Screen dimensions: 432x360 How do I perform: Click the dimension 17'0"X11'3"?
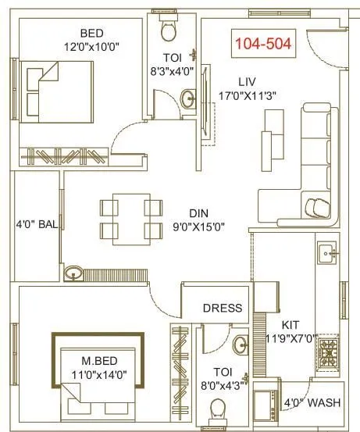pyautogui.click(x=249, y=96)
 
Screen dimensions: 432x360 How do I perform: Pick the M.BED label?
pyautogui.click(x=98, y=361)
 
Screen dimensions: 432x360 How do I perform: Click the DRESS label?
pyautogui.click(x=223, y=309)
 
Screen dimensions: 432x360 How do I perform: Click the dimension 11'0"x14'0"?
pyautogui.click(x=98, y=375)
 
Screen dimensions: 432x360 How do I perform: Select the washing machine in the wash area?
pyautogui.click(x=262, y=407)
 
